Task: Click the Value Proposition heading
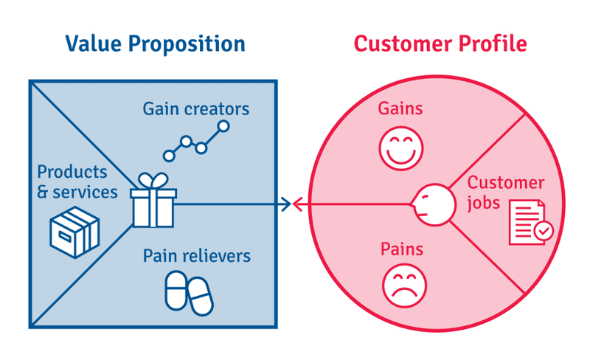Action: (x=155, y=44)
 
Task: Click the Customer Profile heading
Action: (x=440, y=44)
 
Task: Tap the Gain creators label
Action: (x=196, y=109)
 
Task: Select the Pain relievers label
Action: (x=196, y=256)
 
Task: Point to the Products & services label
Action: (x=77, y=182)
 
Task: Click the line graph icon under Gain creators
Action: (x=196, y=142)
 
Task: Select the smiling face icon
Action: (x=399, y=148)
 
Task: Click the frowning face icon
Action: (x=399, y=283)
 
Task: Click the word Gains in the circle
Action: (x=400, y=108)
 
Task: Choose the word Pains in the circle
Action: (x=400, y=249)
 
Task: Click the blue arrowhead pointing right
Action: (x=286, y=204)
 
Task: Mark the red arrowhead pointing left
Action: (x=298, y=204)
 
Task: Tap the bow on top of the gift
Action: (x=153, y=181)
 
